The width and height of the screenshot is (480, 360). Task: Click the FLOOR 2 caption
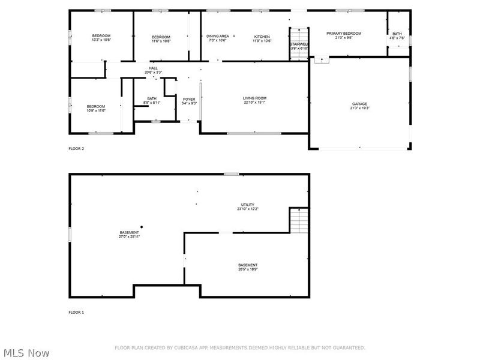pyautogui.click(x=76, y=148)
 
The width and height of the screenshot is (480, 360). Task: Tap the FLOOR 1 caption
pyautogui.click(x=76, y=313)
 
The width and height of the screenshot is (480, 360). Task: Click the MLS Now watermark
pyautogui.click(x=26, y=353)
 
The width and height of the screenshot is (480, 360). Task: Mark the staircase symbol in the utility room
pyautogui.click(x=299, y=221)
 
